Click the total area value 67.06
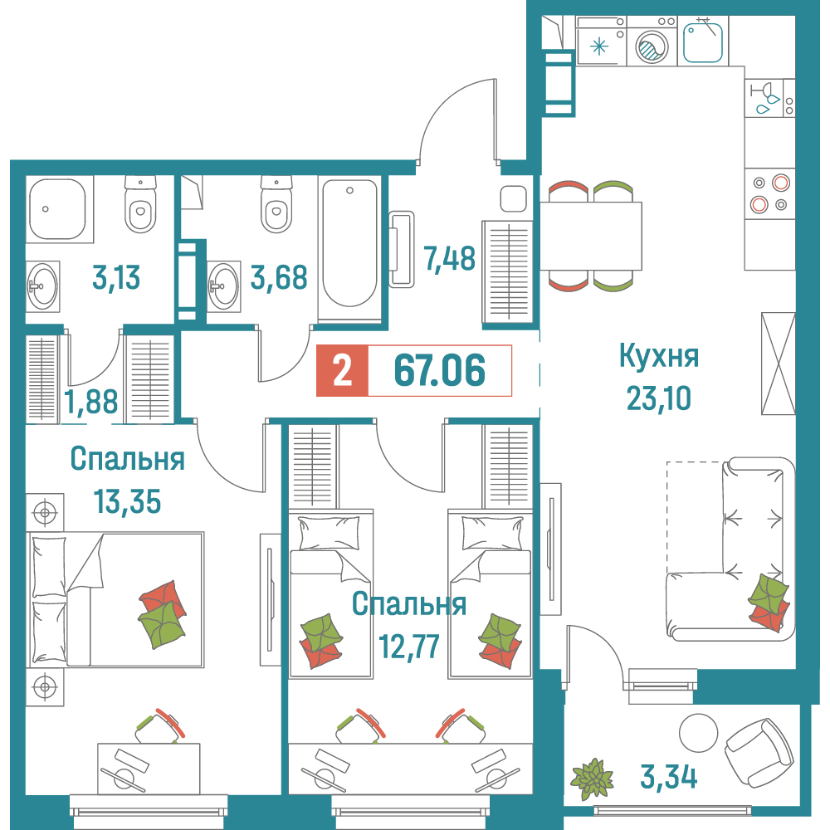pyautogui.click(x=439, y=370)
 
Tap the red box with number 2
pyautogui.click(x=342, y=370)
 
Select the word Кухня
pyautogui.click(x=659, y=357)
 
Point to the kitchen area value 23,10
pyautogui.click(x=659, y=398)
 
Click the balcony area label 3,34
pyautogui.click(x=668, y=777)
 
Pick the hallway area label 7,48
pyautogui.click(x=449, y=259)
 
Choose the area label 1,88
pyautogui.click(x=91, y=402)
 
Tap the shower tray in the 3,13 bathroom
pyautogui.click(x=58, y=210)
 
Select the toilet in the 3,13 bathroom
pyautogui.click(x=140, y=204)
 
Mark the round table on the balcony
pyautogui.click(x=698, y=733)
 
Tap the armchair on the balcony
pyautogui.click(x=758, y=752)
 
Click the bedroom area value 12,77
pyautogui.click(x=408, y=647)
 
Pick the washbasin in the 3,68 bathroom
pyautogui.click(x=223, y=286)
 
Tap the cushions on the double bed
pyautogui.click(x=163, y=614)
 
